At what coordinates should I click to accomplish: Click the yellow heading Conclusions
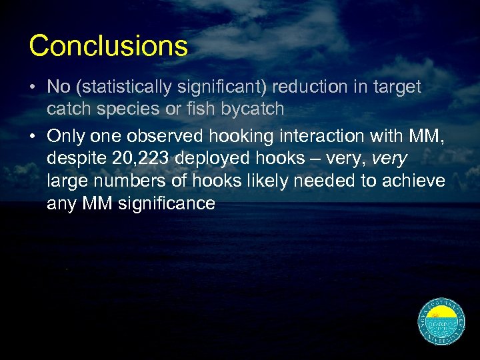pos(108,46)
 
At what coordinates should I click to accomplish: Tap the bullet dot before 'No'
pos(33,88)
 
